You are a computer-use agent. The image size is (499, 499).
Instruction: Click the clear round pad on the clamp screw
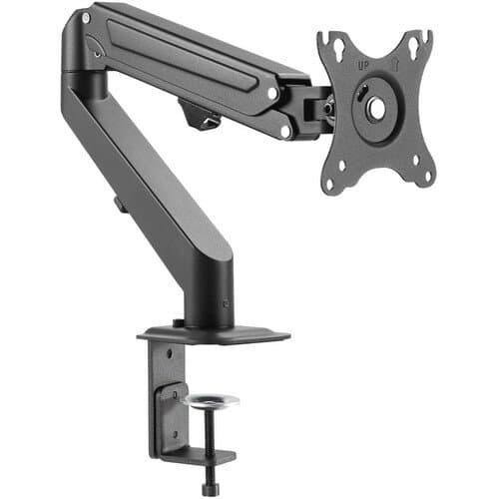click(211, 400)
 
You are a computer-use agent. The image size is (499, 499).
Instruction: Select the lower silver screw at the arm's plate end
click(285, 129)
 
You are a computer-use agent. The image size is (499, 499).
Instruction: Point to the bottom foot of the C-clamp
click(200, 460)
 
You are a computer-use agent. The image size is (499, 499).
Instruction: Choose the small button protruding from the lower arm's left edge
click(118, 204)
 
